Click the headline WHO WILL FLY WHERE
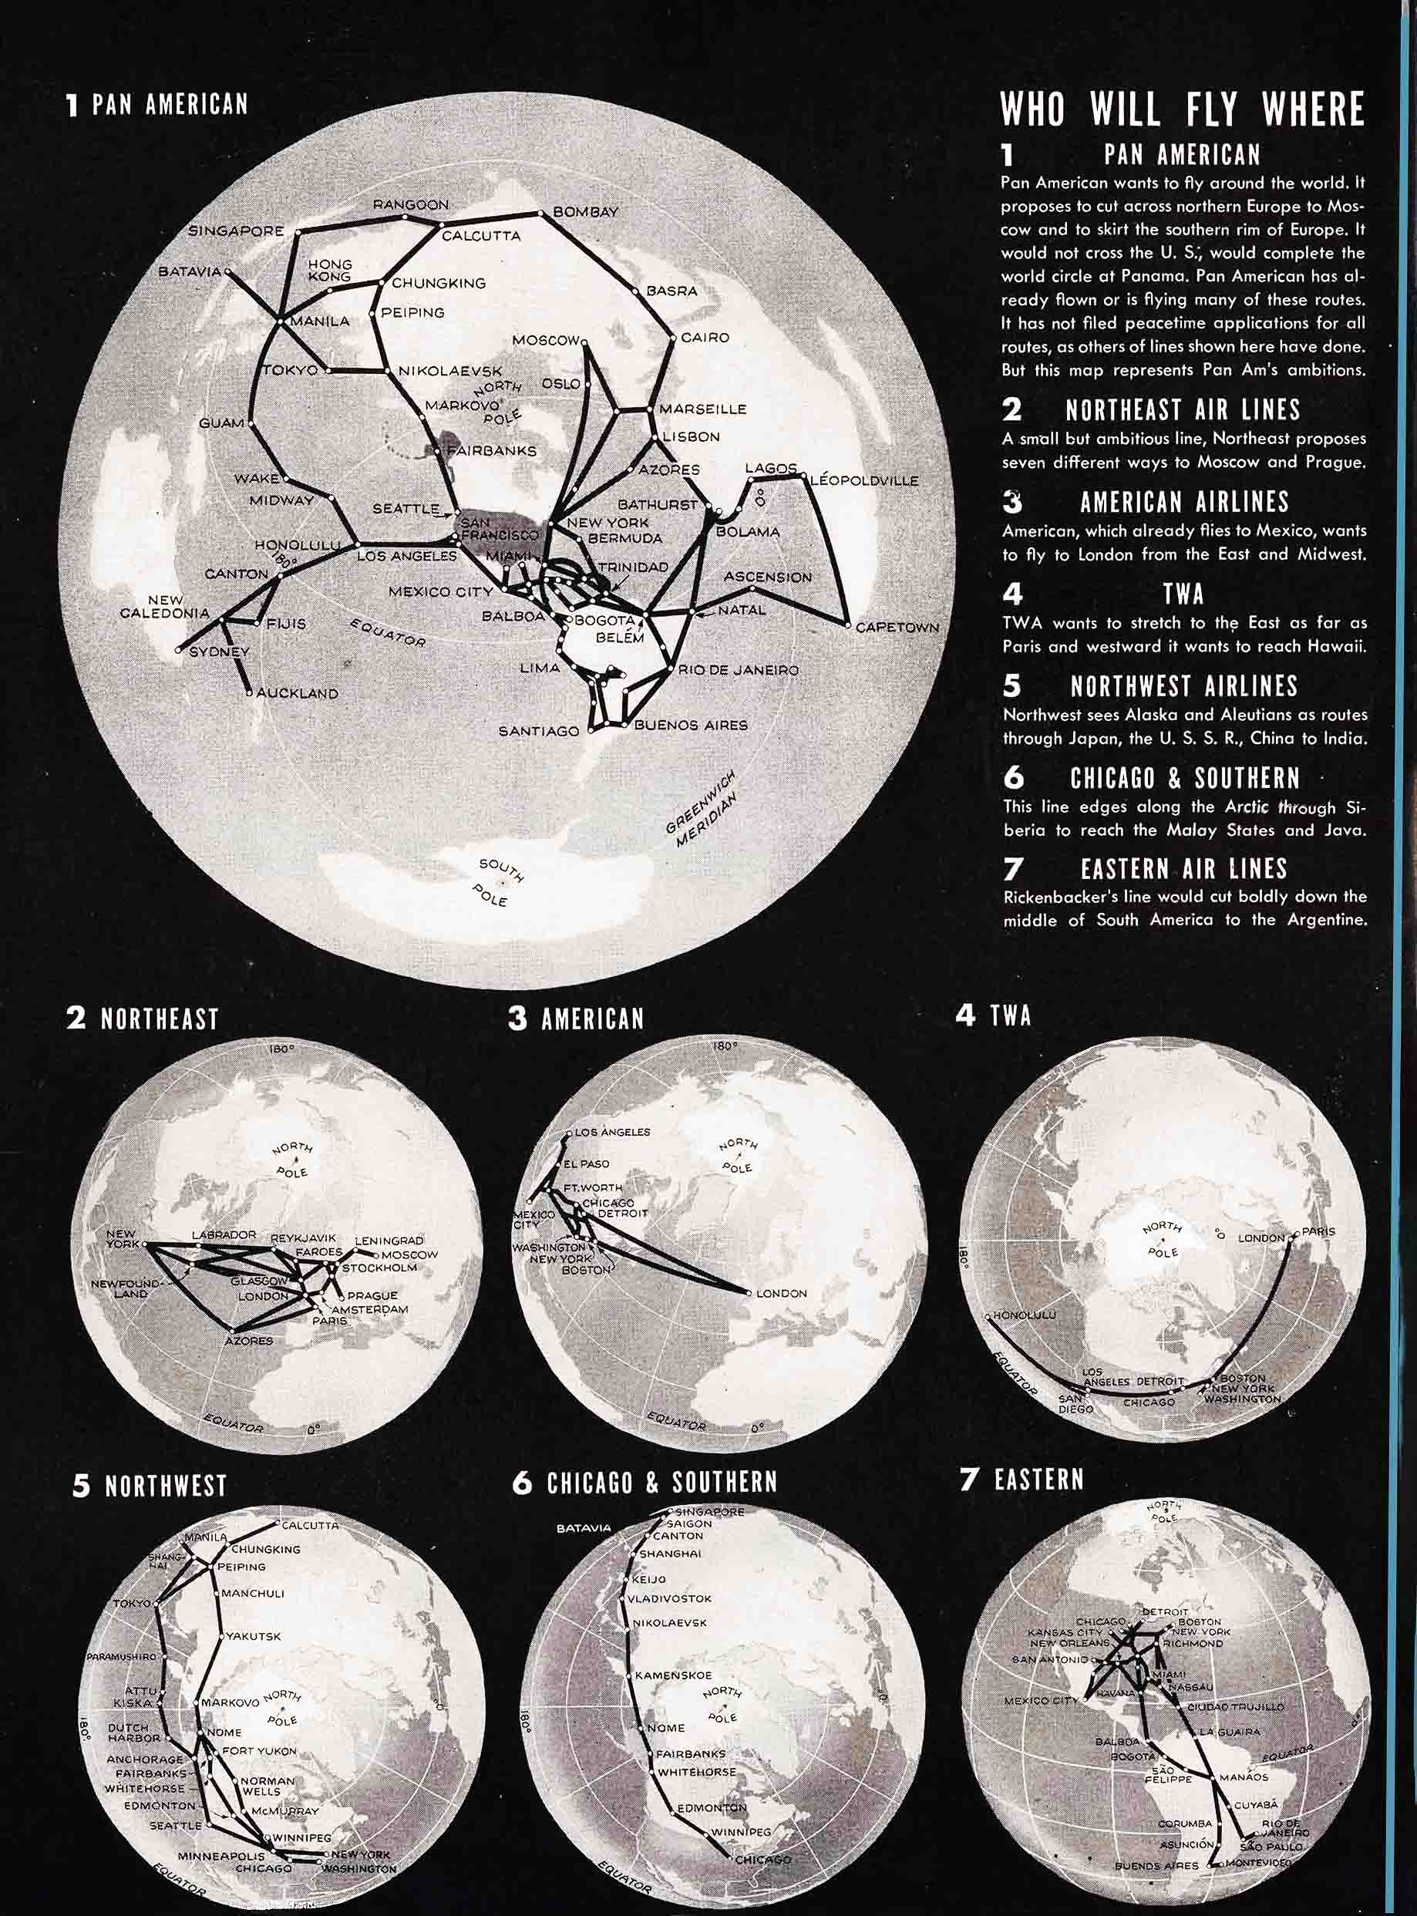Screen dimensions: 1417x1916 1182,109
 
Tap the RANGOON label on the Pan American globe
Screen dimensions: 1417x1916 410,205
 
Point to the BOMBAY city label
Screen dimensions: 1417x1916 585,212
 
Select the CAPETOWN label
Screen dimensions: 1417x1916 897,627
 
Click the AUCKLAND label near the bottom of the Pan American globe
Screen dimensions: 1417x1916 297,693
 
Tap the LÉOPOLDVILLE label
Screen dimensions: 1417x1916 863,480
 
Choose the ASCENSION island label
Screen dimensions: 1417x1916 768,577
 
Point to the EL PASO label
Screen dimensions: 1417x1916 587,1163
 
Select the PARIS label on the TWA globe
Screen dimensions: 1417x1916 1319,1231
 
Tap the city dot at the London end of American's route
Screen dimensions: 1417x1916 749,1292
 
